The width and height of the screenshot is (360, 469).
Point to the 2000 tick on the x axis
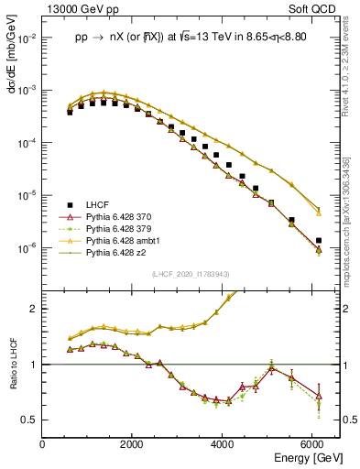point(132,443)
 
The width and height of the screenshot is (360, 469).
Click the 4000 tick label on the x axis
point(223,443)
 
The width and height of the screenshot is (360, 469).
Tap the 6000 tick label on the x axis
point(312,443)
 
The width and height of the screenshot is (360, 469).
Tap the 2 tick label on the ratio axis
point(34,309)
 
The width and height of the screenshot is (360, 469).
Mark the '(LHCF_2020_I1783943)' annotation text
point(191,274)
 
